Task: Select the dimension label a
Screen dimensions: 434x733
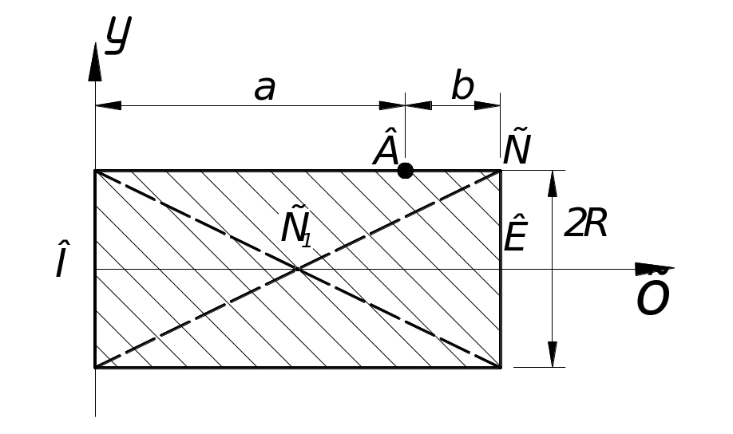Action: [265, 89]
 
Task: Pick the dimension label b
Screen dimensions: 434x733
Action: [462, 87]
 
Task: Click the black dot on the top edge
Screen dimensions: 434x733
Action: [406, 170]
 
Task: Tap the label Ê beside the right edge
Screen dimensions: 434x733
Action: [515, 234]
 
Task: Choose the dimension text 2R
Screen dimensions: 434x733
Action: [585, 225]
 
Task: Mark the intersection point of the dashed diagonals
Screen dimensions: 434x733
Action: [298, 269]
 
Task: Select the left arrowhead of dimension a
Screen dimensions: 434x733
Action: [108, 105]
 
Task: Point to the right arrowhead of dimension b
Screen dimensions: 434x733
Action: [488, 105]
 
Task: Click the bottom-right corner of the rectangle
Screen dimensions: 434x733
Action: [501, 368]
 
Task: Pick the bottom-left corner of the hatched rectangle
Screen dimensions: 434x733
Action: [96, 368]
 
